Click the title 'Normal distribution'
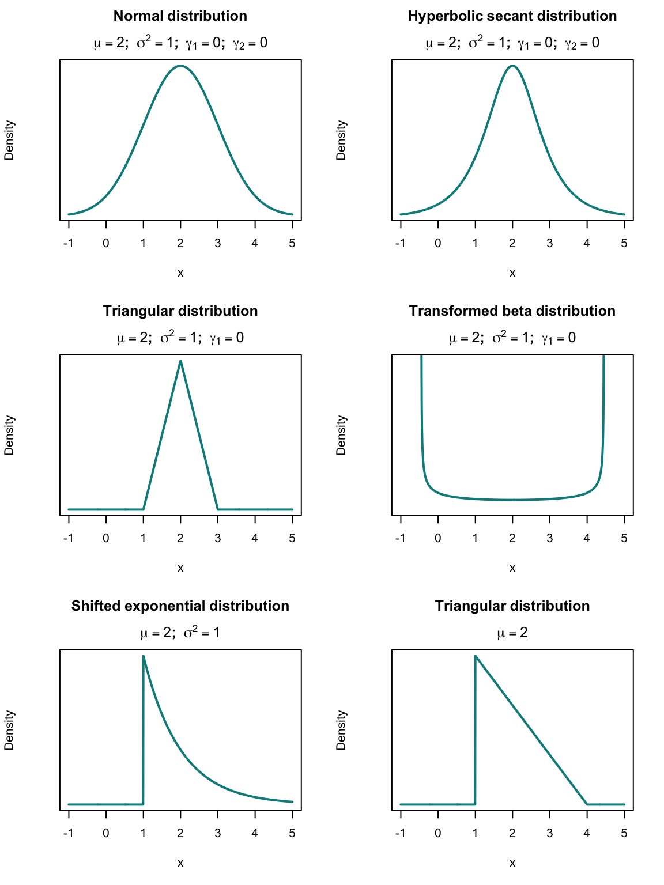coord(180,16)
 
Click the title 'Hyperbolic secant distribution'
coord(512,16)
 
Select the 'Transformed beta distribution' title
coord(512,311)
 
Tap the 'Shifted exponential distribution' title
coord(180,606)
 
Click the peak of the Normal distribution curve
coord(180,66)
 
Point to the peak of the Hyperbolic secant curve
coord(512,66)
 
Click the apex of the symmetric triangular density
coord(180,361)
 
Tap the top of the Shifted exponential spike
coord(143,656)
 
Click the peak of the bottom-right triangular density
coord(475,656)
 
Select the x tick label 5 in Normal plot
coord(292,243)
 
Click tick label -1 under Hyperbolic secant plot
coord(400,243)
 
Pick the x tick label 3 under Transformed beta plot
coord(549,538)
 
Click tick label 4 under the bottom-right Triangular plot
coord(587,833)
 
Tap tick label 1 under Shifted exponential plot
coord(143,833)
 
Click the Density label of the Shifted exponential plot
coord(9,730)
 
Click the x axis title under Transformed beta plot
coord(512,568)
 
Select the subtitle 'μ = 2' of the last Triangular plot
coord(512,633)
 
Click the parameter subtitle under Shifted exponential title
coord(180,633)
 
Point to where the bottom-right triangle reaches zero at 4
coord(587,804)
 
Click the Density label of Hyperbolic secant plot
coord(341,140)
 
